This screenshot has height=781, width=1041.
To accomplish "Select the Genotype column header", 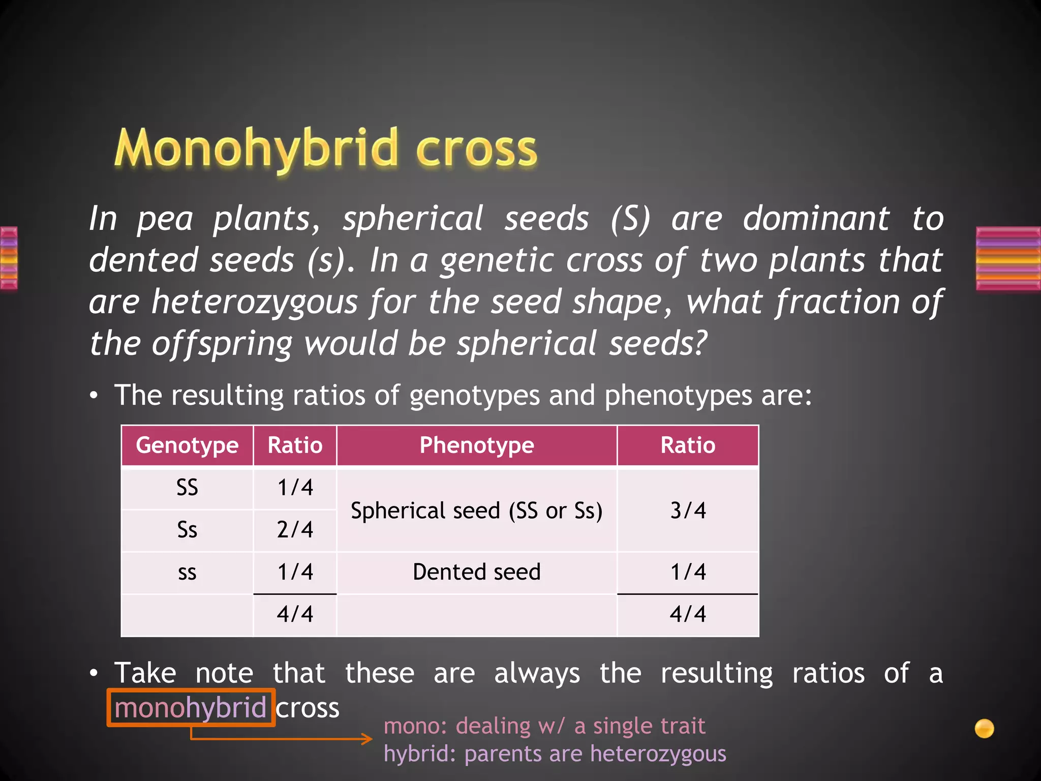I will pyautogui.click(x=187, y=445).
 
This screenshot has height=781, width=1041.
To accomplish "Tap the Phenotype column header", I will pyautogui.click(x=476, y=445).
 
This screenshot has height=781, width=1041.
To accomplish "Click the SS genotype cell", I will pyautogui.click(x=187, y=488).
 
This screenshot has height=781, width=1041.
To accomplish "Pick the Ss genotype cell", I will pyautogui.click(x=187, y=530).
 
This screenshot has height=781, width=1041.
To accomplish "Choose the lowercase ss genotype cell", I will pyautogui.click(x=187, y=573).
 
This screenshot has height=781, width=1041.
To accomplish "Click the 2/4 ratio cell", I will pyautogui.click(x=295, y=530).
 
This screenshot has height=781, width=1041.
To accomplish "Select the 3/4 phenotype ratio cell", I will pyautogui.click(x=688, y=510).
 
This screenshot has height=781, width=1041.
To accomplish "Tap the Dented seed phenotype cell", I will pyautogui.click(x=476, y=572).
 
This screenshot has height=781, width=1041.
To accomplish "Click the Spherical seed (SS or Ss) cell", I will pyautogui.click(x=476, y=510).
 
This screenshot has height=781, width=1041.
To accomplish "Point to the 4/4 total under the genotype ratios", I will pyautogui.click(x=295, y=614).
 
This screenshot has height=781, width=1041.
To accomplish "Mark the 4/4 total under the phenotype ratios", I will pyautogui.click(x=688, y=614).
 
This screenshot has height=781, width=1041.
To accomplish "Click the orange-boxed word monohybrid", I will pyautogui.click(x=191, y=708).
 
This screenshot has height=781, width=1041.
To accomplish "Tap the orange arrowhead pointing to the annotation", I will pyautogui.click(x=367, y=739).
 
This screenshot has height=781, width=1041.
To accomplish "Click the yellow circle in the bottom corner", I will pyautogui.click(x=984, y=728).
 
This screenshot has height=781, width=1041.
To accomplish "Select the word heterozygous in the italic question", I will pyautogui.click(x=255, y=302).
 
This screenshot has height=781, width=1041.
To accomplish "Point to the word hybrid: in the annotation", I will pyautogui.click(x=420, y=754).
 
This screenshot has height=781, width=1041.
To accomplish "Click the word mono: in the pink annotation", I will pyautogui.click(x=415, y=726).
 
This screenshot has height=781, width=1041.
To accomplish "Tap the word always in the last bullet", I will pyautogui.click(x=537, y=674).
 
